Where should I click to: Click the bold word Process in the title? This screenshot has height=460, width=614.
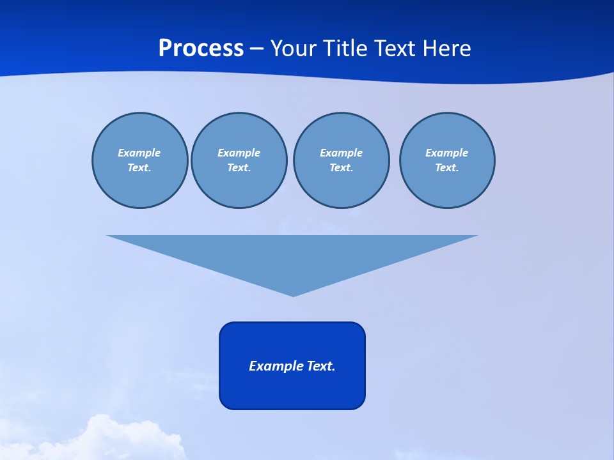[x=201, y=49]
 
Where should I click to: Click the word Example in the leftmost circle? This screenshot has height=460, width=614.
[x=139, y=153]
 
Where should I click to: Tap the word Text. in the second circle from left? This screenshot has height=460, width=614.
[x=239, y=168]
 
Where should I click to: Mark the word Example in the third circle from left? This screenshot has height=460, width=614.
[x=341, y=153]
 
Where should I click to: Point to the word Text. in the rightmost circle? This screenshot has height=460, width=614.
[x=446, y=168]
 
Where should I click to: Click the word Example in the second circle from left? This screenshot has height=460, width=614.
[x=239, y=153]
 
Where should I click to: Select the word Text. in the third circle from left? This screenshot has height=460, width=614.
[x=341, y=168]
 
